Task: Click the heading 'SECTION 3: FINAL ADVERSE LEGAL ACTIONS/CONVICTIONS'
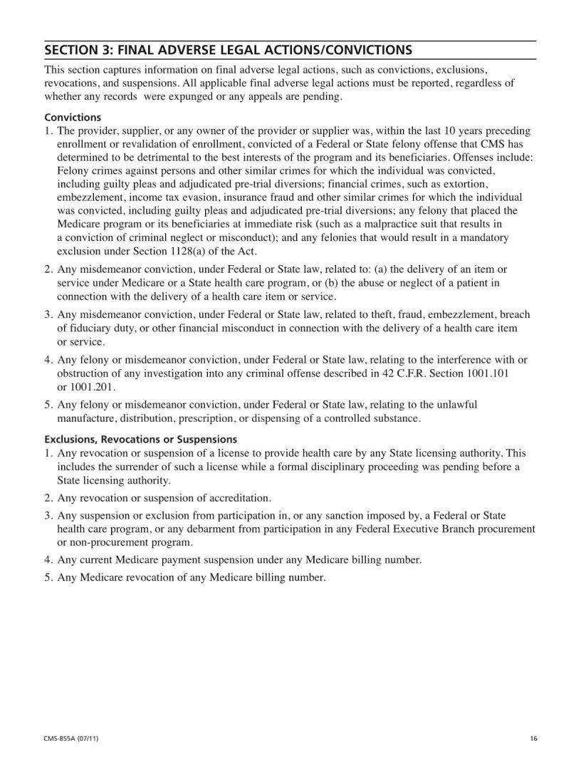(x=228, y=51)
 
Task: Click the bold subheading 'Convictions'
(x=73, y=117)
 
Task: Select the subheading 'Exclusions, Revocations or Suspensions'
(x=140, y=439)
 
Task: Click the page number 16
(x=533, y=738)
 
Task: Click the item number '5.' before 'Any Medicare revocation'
(x=49, y=578)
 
